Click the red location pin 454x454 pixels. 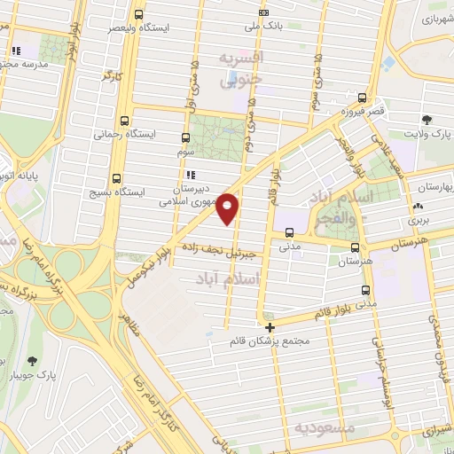click(229, 207)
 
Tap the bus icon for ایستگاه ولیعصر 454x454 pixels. click(138, 14)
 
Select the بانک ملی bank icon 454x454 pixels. click(262, 12)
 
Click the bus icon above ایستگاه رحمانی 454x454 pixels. click(123, 120)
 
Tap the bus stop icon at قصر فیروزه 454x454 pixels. click(362, 98)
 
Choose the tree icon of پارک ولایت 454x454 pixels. click(427, 120)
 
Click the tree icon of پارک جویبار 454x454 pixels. click(33, 361)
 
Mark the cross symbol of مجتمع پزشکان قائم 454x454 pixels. click(270, 326)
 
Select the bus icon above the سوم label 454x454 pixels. click(185, 137)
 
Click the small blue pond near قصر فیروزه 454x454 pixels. click(388, 63)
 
